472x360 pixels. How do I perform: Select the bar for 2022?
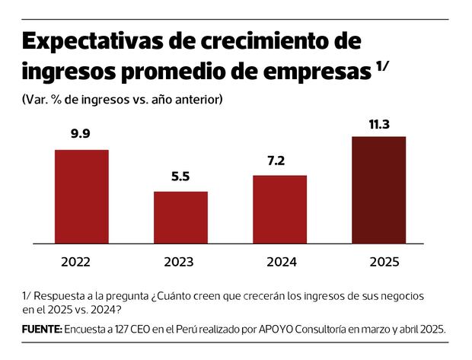point(81,196)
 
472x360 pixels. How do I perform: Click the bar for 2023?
point(180,217)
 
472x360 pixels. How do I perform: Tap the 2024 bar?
point(279,209)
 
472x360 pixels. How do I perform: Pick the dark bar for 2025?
point(378,190)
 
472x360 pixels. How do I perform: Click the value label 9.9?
point(81,135)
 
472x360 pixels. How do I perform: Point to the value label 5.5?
point(180,177)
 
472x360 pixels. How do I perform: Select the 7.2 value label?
point(279,161)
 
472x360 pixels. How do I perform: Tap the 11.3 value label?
point(378,122)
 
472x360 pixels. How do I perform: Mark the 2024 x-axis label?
point(281,262)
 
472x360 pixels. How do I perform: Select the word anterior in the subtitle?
point(198,100)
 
